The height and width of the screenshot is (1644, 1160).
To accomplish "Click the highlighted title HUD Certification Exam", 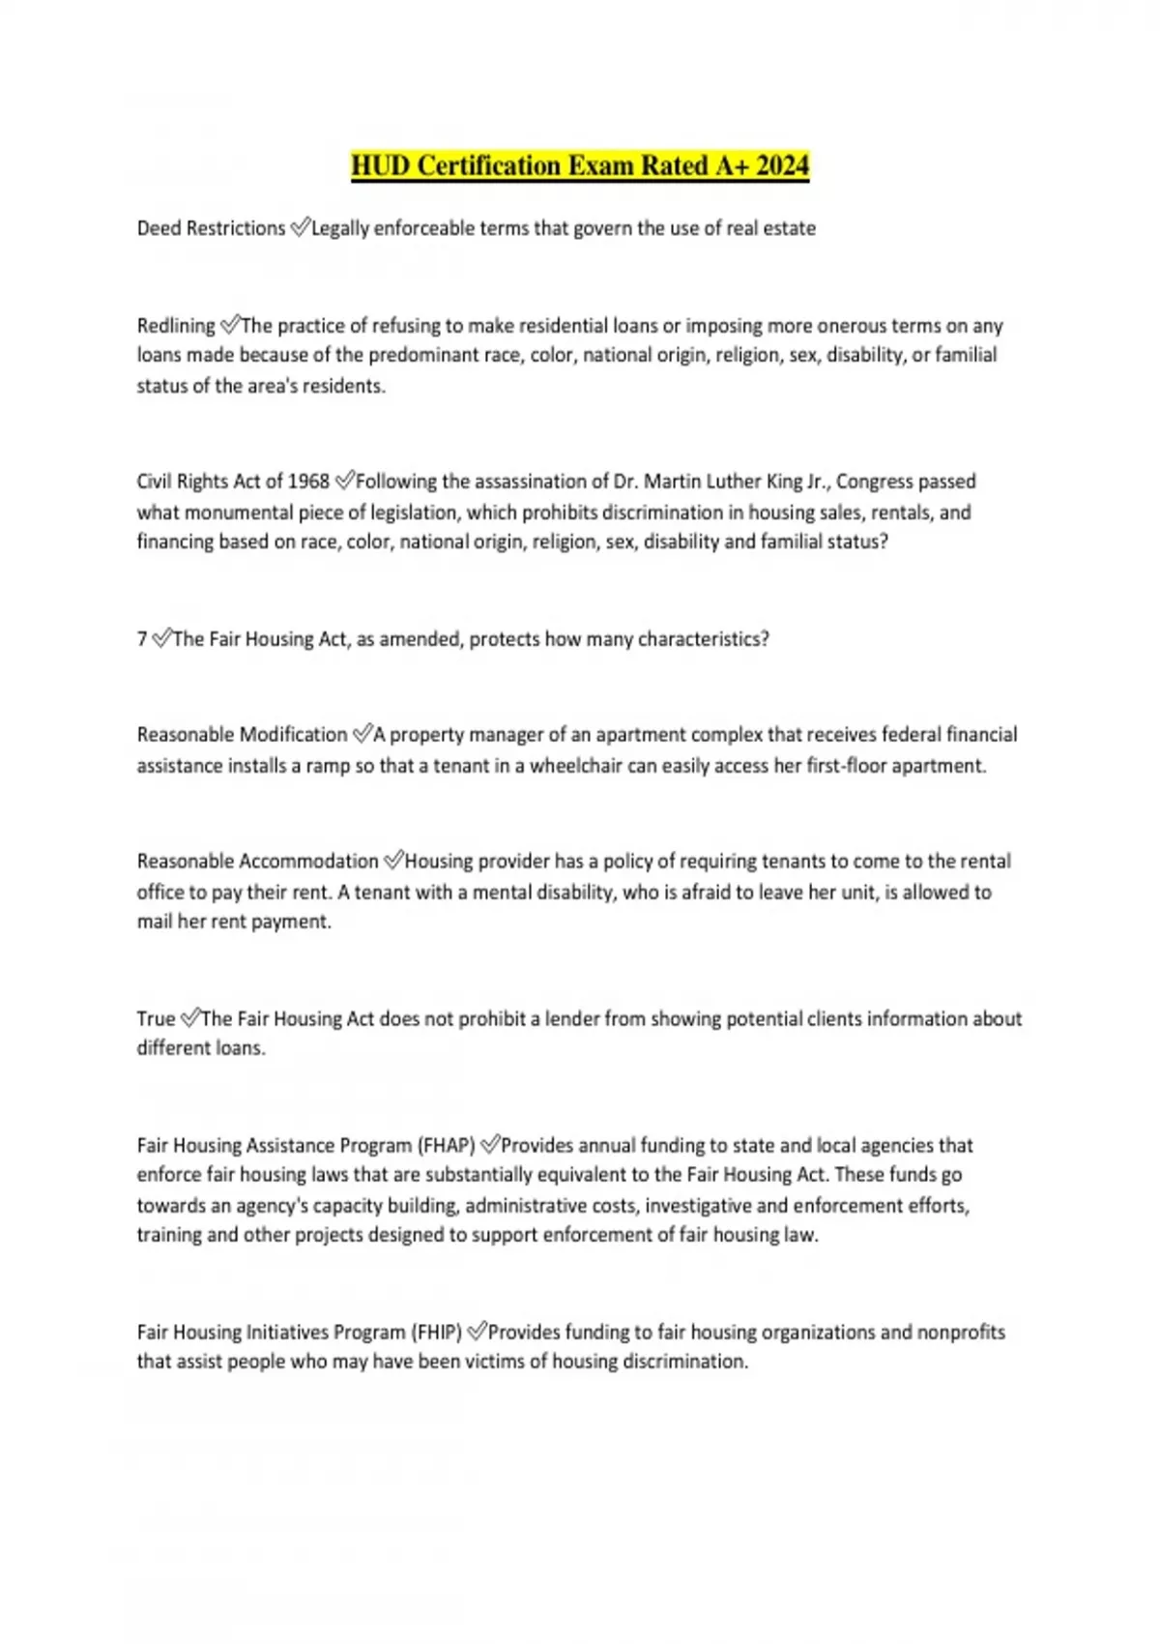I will (x=579, y=166).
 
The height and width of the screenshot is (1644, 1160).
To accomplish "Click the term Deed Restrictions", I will (x=211, y=228).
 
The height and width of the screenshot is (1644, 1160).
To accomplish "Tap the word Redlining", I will (x=176, y=326).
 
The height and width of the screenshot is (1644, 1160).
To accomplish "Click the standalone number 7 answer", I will (x=142, y=639).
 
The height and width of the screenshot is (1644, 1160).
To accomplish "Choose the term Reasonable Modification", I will (x=242, y=735).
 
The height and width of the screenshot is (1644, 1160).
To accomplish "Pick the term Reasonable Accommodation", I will (x=257, y=862).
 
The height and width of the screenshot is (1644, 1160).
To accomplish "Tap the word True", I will (x=156, y=1019).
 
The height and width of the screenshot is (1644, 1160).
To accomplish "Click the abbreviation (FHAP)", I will (x=446, y=1146).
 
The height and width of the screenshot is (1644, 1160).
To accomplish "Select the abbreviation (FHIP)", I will (x=436, y=1333).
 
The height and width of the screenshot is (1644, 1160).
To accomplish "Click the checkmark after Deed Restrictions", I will (x=300, y=227).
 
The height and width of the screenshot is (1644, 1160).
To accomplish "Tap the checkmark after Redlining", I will (x=230, y=325).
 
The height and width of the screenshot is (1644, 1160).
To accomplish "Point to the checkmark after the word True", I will (x=190, y=1018).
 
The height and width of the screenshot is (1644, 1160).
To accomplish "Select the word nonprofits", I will (x=961, y=1333).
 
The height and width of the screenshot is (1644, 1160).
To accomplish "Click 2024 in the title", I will (x=782, y=166).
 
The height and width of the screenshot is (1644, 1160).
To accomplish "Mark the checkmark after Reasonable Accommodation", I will (x=393, y=861).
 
